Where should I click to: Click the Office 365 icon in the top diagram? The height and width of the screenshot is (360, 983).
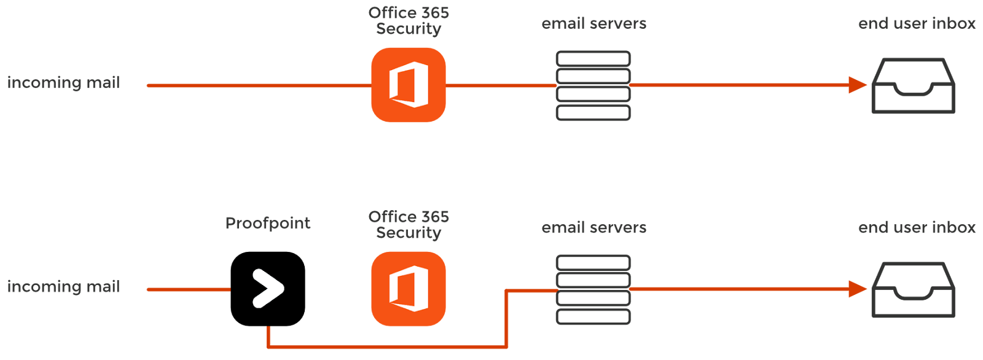pos(408,85)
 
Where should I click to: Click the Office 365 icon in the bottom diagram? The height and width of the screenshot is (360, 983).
pos(408,289)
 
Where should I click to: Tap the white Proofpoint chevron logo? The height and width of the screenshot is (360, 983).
pos(268,288)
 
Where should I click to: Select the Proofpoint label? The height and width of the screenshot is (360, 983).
pos(268,223)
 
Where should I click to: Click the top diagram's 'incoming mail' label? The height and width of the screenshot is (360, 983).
pos(64,83)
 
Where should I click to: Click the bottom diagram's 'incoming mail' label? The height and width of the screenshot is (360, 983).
pos(64,287)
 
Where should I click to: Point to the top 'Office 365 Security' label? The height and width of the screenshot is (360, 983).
pos(409,20)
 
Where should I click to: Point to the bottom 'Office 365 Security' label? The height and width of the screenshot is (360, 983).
pos(409,224)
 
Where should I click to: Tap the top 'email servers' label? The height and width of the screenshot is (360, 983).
pos(593,24)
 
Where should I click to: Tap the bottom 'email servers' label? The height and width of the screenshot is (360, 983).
pos(593,228)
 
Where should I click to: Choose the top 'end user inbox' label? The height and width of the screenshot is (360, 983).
pos(917,24)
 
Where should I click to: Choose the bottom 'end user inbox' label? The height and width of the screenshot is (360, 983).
pos(917,228)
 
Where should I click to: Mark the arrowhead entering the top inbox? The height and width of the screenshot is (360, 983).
pos(858,85)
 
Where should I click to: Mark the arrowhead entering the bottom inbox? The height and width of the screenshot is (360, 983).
pos(858,289)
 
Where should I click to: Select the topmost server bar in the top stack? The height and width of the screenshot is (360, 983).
pos(593,59)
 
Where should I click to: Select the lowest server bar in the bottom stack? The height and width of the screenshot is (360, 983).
pos(593,317)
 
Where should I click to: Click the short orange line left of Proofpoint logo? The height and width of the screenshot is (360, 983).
pos(189,289)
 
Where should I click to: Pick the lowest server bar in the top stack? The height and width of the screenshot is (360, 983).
pos(593,113)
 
